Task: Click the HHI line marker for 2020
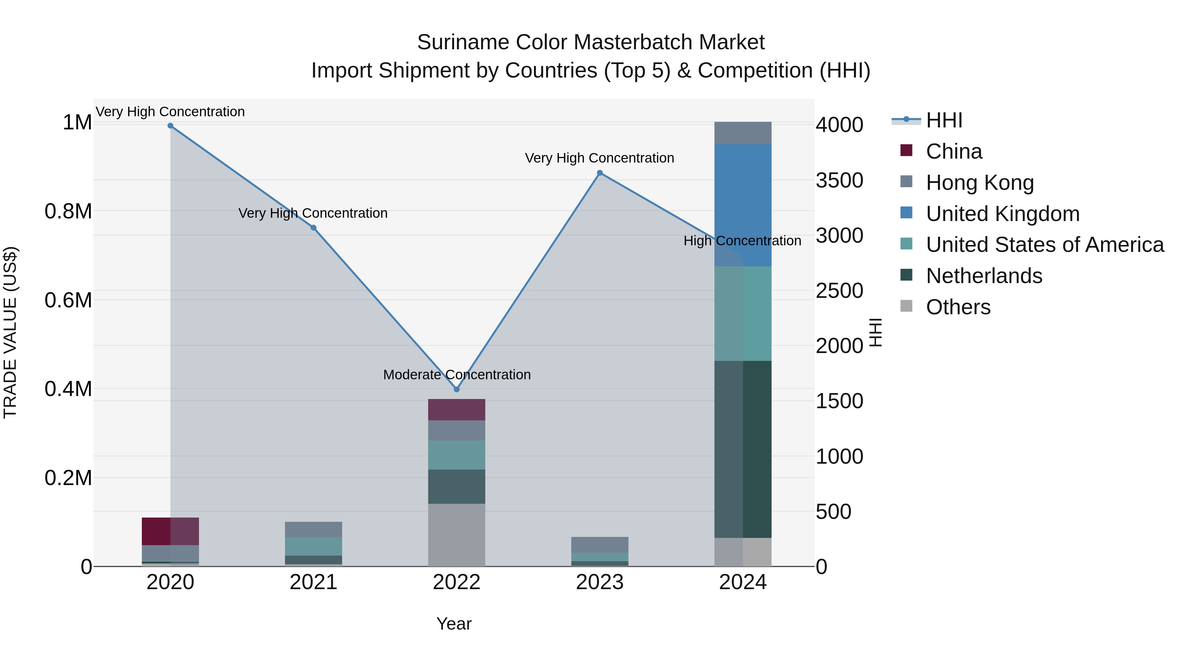(x=170, y=126)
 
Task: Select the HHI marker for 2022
(x=457, y=389)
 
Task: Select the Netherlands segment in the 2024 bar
(x=743, y=449)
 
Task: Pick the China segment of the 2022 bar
(x=457, y=410)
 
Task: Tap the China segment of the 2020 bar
(x=170, y=531)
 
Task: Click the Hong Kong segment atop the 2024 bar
(x=743, y=133)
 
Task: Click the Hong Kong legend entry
(x=980, y=183)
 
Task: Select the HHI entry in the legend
(x=943, y=120)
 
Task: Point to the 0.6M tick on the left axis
(x=68, y=300)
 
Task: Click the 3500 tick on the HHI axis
(x=839, y=180)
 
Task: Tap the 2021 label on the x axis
(x=314, y=582)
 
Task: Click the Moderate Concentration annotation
(x=457, y=375)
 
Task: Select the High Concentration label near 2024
(x=742, y=241)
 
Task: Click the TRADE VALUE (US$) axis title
(x=10, y=332)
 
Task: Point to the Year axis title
(x=454, y=624)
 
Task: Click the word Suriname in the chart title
(x=463, y=42)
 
